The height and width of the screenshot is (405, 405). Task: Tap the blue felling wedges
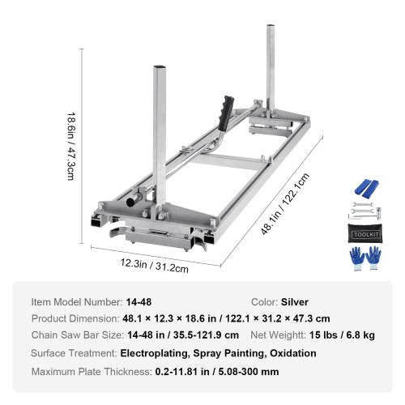coord(366,188)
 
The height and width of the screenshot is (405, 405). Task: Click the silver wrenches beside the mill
coord(365,212)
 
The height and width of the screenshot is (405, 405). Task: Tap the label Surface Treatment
coord(73,353)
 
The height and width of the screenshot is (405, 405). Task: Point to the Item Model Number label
coord(76,301)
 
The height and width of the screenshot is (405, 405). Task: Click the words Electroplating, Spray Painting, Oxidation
coord(219,353)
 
